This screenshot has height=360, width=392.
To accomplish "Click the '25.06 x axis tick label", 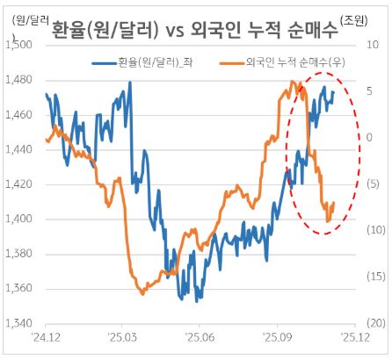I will pos(199,336).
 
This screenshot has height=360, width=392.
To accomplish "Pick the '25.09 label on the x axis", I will pos(276,336).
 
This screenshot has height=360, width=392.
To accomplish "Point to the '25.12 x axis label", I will pos(353,336).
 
